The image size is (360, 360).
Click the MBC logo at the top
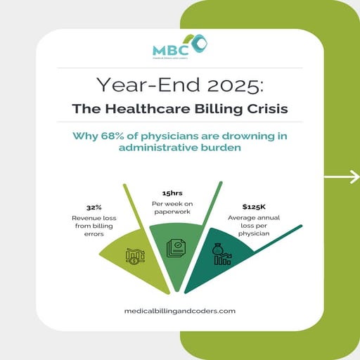click(179, 48)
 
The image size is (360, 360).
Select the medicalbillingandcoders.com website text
click(179, 309)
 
